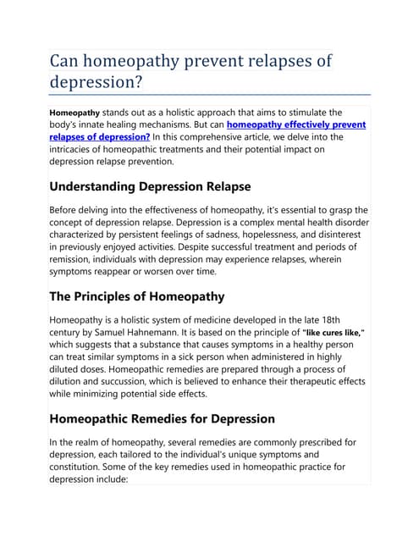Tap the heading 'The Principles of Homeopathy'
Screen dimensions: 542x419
(x=137, y=296)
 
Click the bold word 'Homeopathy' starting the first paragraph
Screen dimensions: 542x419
(x=75, y=112)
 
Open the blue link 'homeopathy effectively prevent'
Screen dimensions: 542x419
(x=296, y=124)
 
